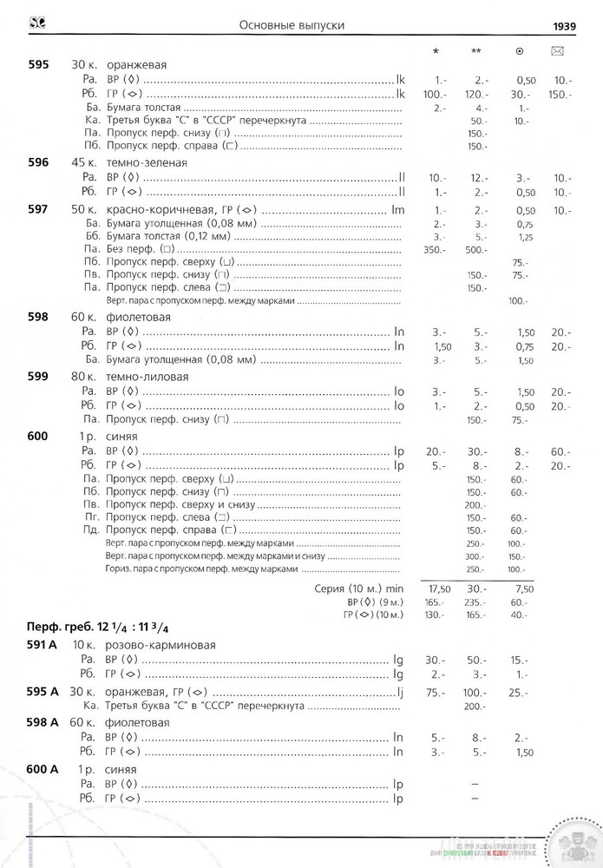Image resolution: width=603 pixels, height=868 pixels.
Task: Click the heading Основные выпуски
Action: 292,26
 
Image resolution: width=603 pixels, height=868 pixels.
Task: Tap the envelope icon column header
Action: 558,51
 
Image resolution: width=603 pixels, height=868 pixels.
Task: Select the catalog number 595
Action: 37,65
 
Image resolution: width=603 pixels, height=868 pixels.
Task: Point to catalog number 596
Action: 37,162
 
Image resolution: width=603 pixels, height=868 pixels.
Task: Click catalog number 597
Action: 37,211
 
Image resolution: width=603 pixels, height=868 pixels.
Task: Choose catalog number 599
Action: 37,378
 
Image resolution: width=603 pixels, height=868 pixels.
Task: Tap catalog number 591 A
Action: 42,645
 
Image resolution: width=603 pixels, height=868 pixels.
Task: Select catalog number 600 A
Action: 42,769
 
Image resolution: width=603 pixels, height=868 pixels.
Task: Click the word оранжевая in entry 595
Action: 137,65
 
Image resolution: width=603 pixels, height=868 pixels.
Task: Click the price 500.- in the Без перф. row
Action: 476,250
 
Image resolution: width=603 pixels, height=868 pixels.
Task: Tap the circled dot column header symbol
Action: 519,51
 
